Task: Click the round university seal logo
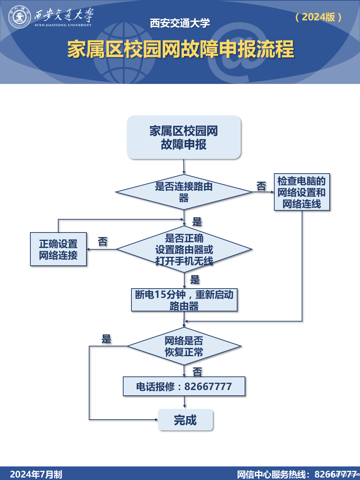(x=20, y=17)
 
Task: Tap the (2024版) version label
(x=319, y=17)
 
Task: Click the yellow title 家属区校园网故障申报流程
(x=180, y=49)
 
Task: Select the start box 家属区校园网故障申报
(x=184, y=137)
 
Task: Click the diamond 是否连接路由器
(x=184, y=192)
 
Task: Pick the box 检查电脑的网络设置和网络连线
(x=302, y=192)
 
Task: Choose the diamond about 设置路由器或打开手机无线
(x=184, y=249)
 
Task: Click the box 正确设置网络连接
(x=58, y=249)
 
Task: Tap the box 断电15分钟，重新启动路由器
(x=184, y=300)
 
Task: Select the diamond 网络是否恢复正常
(x=184, y=346)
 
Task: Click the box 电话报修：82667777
(x=184, y=386)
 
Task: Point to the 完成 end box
(x=185, y=420)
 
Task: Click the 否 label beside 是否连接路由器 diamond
(x=261, y=186)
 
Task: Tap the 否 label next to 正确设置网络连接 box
(x=103, y=242)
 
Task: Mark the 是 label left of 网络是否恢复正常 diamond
(x=106, y=339)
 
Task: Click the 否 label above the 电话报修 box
(x=197, y=372)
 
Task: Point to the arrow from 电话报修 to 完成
(x=184, y=402)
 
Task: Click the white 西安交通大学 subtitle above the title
(x=180, y=23)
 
